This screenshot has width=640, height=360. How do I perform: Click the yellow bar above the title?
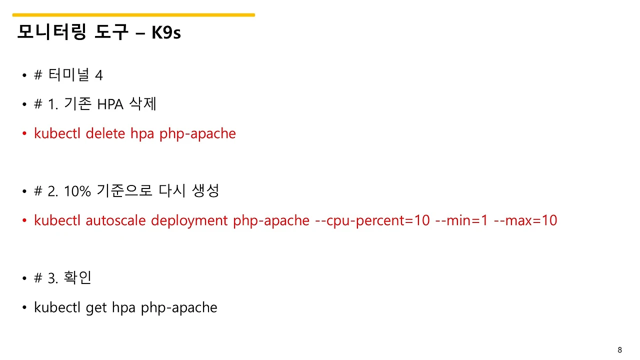point(133,15)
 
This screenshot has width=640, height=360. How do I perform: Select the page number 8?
point(620,349)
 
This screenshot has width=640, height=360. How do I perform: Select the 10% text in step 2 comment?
point(77,191)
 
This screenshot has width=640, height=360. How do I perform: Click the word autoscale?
point(116,220)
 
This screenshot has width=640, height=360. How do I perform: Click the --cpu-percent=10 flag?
point(372,220)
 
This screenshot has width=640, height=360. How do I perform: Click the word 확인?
point(77,277)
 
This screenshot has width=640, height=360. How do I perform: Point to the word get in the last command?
point(96,307)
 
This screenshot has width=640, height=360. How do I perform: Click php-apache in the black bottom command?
point(179,307)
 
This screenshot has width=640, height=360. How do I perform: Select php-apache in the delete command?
point(197,133)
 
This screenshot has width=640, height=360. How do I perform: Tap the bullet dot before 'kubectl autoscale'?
point(24,221)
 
